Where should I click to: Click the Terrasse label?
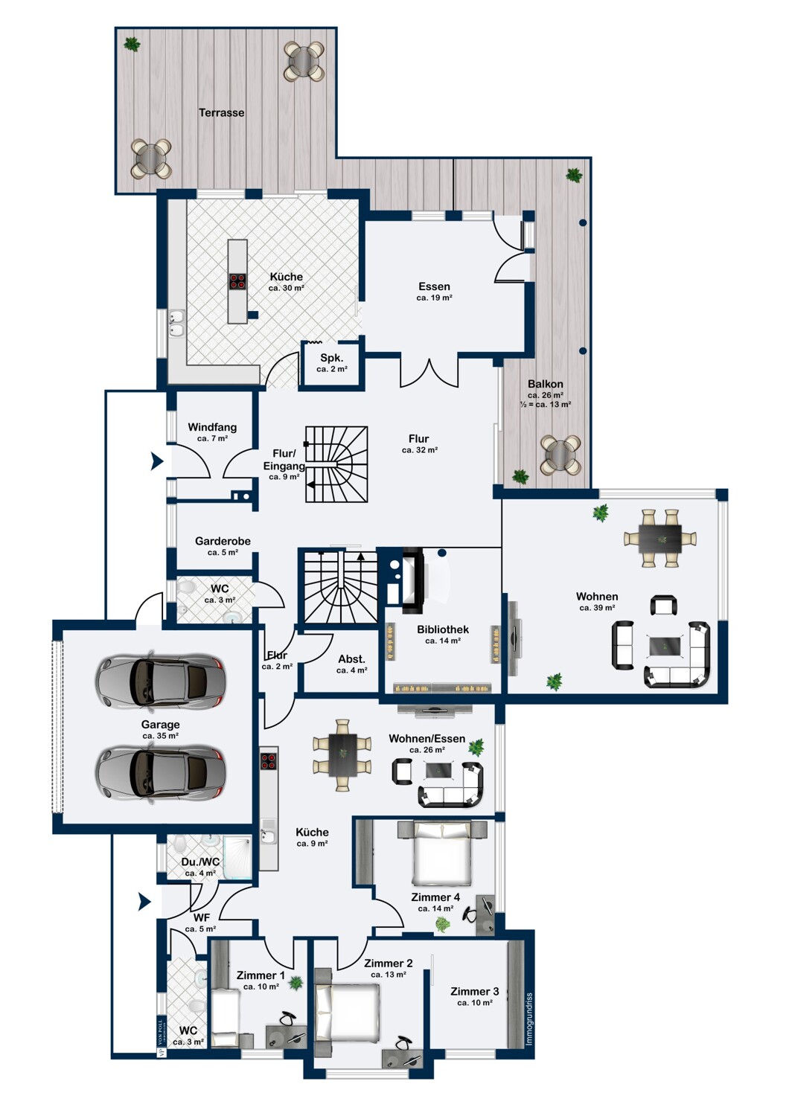(221, 112)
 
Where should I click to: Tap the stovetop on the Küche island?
(237, 281)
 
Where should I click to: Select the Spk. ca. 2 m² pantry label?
(331, 363)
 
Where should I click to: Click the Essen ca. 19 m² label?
(434, 292)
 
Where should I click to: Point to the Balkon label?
(546, 384)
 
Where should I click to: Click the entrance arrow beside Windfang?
(157, 461)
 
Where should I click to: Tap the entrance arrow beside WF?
(144, 901)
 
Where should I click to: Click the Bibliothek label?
(443, 629)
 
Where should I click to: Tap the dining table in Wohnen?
(660, 538)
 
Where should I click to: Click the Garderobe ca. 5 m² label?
(223, 546)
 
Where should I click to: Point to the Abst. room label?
(351, 658)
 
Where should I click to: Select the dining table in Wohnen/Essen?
(342, 755)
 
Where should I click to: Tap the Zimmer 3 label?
(474, 992)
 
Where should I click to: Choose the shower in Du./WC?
(237, 857)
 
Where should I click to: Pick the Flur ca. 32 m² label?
(419, 444)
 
